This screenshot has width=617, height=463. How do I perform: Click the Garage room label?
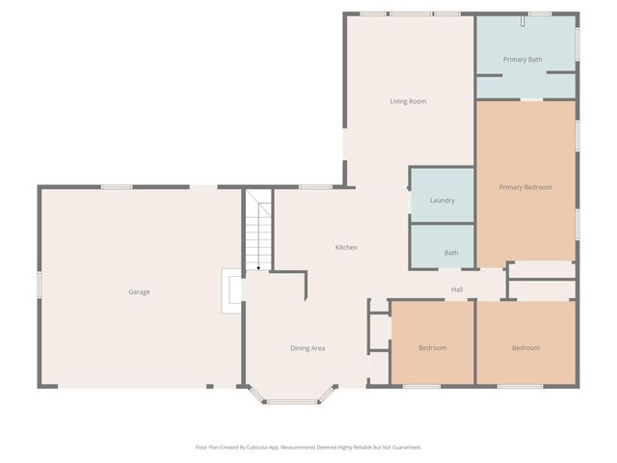pos(139,291)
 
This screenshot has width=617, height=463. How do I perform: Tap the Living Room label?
pos(408,101)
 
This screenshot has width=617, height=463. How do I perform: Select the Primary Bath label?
pos(523,60)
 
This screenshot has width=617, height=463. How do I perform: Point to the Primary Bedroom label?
pos(525,187)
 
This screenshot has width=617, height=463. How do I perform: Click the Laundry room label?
pos(442,201)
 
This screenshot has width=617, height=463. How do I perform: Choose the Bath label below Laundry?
pos(451,253)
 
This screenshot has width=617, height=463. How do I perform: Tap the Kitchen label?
pos(346,248)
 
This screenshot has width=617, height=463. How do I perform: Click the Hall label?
pos(458,289)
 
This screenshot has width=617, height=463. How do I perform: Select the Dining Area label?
pos(308,348)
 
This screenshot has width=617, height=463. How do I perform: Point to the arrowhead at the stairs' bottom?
pos(258,268)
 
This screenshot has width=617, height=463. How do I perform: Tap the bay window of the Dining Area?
pos(292,399)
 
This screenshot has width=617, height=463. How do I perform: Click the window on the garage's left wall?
pos(40,285)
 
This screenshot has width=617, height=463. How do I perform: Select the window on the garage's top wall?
pos(117,186)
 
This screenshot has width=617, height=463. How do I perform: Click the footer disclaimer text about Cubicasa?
pos(308,448)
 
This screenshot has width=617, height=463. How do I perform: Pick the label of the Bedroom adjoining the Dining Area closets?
pos(432,348)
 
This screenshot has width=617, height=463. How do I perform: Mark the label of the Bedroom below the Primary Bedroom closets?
pos(525,348)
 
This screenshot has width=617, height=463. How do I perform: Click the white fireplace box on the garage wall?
pos(231,291)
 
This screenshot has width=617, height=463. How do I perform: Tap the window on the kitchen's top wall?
pos(315,186)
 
